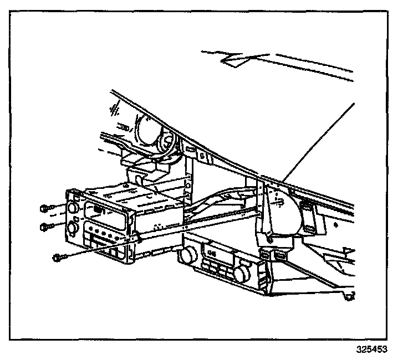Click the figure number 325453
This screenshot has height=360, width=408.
pyautogui.click(x=371, y=349)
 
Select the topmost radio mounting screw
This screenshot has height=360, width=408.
pyautogui.click(x=45, y=209)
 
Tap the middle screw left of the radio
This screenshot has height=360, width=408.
pyautogui.click(x=46, y=226)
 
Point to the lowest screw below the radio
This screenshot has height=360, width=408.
pyautogui.click(x=59, y=256)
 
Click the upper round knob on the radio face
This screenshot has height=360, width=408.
pyautogui.click(x=73, y=209)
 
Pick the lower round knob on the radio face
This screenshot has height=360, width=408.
pyautogui.click(x=74, y=229)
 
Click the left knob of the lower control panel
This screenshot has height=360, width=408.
pyautogui.click(x=186, y=255)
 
